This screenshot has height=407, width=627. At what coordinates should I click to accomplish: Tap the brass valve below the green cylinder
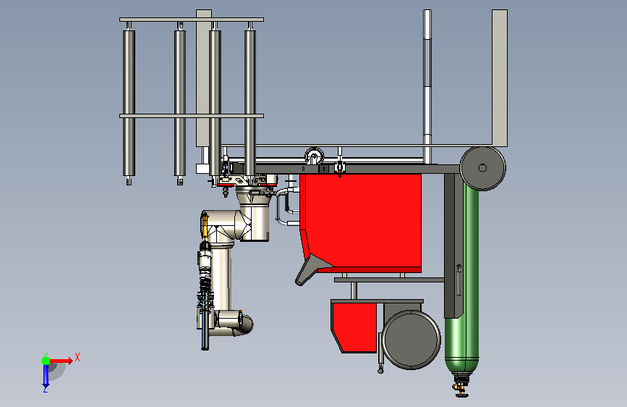(461, 386)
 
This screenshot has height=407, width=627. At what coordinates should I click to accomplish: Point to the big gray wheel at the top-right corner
(482, 168)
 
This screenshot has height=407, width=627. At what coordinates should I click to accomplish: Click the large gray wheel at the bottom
(411, 340)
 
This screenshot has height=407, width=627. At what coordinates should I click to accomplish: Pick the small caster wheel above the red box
(315, 156)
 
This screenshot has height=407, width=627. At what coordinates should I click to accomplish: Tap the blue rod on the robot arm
(205, 321)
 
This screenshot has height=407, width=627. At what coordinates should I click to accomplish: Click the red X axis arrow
(61, 361)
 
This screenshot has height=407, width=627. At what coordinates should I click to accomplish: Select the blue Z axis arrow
(46, 375)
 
